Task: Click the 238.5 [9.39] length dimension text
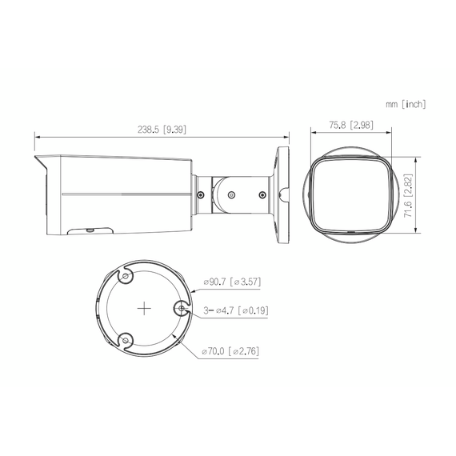163,129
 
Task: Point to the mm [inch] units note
405,104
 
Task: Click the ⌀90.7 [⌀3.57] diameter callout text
233,282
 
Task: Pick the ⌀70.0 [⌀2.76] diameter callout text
231,350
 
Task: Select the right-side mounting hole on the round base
182,309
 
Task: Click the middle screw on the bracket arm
232,193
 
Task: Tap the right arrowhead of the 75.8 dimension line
390,133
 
